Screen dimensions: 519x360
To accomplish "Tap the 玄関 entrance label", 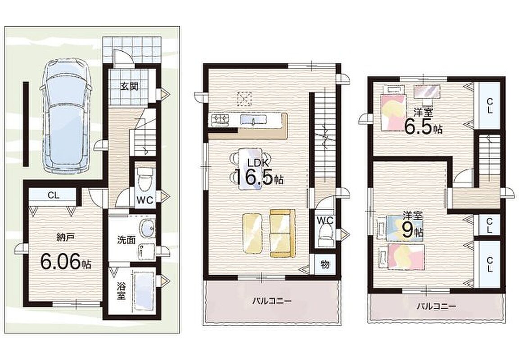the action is (129, 87).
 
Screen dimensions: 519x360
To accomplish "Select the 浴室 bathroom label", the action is (121, 290).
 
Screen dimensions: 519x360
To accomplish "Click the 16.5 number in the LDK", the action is (253, 177).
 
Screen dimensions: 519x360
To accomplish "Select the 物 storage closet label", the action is (325, 265).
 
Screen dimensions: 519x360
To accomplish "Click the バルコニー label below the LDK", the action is (272, 301).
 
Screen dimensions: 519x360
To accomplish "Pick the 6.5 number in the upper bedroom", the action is (418, 126).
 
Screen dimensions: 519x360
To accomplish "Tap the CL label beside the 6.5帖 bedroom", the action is (490, 105).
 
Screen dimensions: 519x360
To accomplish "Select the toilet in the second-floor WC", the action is (325, 236).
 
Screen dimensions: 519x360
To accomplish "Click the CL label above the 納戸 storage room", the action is (53, 195).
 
